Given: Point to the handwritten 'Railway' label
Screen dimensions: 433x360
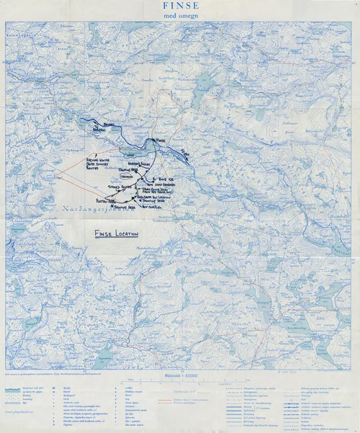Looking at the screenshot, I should pos(108,124).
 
